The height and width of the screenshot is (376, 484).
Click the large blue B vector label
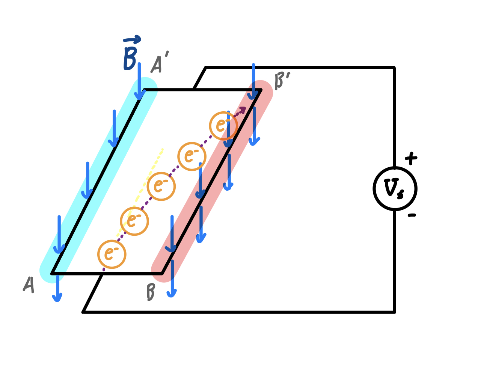[130, 58]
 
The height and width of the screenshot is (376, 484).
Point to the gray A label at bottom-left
[29, 285]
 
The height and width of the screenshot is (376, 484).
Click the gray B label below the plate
[151, 292]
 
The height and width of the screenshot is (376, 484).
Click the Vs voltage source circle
[395, 188]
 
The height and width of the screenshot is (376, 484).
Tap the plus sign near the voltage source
[411, 158]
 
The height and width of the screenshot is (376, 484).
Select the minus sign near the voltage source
[412, 215]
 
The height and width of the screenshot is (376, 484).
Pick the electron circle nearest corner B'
[223, 126]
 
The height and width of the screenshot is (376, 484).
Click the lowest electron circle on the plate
[112, 254]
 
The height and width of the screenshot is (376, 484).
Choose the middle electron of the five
[161, 186]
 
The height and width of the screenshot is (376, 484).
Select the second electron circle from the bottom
[134, 221]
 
